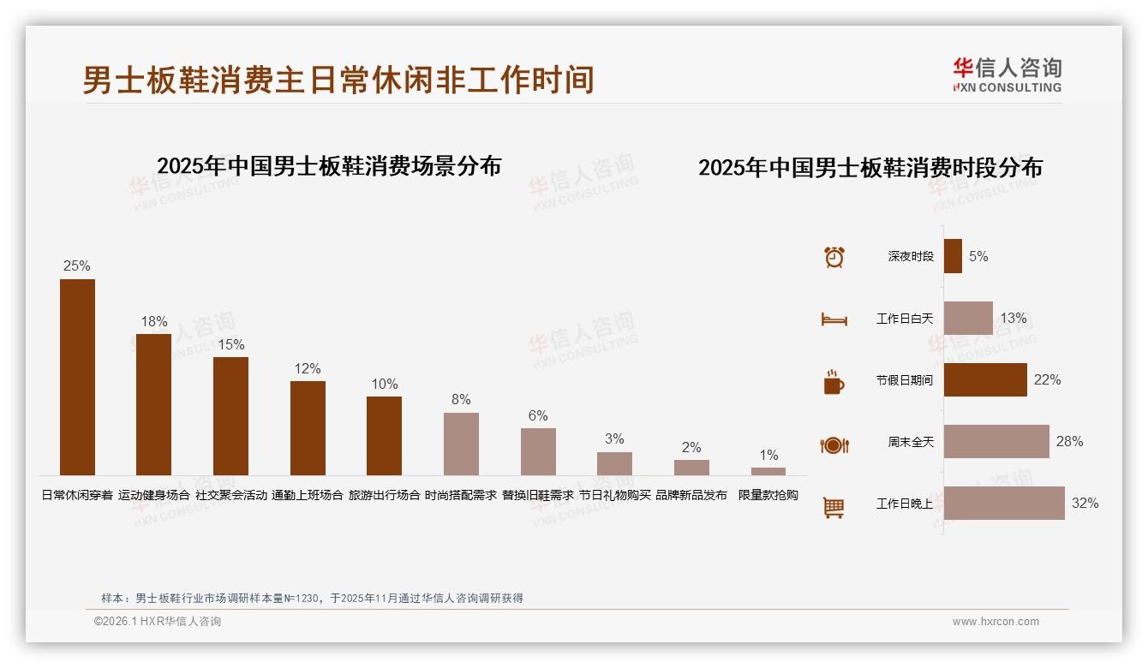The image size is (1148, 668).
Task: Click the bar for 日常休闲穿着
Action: (77, 377)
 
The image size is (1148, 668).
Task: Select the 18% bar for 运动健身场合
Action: (154, 404)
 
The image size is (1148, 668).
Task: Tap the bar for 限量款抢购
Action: (768, 471)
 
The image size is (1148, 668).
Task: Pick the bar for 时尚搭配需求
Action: (461, 444)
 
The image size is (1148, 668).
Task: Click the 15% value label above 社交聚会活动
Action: (230, 344)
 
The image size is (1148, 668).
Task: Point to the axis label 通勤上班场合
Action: (308, 495)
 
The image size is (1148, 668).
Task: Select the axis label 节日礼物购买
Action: (615, 495)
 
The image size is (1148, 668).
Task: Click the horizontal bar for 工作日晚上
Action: (1004, 504)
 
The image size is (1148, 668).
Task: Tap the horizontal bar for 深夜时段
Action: (953, 256)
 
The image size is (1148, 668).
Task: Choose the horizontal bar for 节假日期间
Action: (985, 380)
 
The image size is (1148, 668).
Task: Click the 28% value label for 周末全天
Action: (1069, 442)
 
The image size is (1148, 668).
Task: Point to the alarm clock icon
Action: (834, 257)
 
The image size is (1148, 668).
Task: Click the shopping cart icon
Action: (834, 507)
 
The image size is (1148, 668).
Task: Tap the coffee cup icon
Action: (834, 382)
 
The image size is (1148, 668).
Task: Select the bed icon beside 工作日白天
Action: (834, 319)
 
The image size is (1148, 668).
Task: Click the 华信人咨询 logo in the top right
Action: (1007, 75)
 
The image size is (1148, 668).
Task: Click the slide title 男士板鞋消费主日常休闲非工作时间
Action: (338, 81)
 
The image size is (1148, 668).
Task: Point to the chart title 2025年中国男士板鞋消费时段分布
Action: (870, 168)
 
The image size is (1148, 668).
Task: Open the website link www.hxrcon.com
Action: (996, 622)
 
